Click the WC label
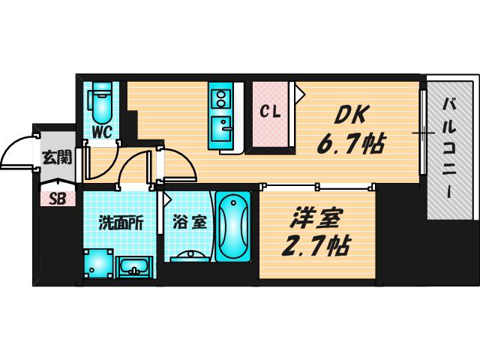click(102, 132)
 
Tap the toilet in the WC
click(100, 103)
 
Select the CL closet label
click(270, 112)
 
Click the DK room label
click(351, 115)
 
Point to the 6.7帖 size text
click(350, 143)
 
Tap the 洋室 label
click(316, 219)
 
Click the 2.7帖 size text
click(315, 246)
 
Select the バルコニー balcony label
click(449, 148)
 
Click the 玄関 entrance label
click(57, 157)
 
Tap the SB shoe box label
click(58, 199)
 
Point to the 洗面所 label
click(120, 223)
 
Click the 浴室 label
click(189, 223)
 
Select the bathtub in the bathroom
click(233, 226)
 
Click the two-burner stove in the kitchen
click(220, 98)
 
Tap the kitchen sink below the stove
click(221, 130)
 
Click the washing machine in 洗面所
click(98, 263)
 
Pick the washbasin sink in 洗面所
click(133, 267)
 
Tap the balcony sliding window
click(423, 133)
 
